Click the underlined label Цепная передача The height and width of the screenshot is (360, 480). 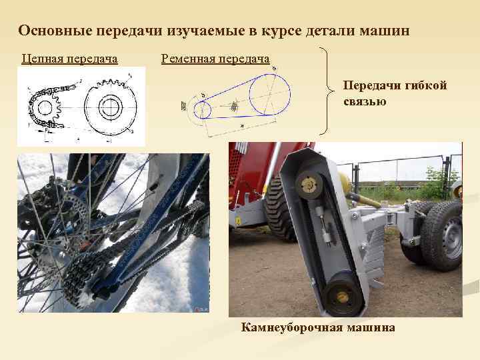[x=69, y=59]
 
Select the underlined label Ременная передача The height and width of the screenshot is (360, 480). [x=215, y=59]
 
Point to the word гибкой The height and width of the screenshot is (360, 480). [x=424, y=85]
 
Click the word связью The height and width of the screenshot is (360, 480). [x=365, y=101]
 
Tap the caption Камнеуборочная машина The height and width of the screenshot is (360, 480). [x=318, y=327]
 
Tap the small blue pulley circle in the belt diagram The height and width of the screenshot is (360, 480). [x=202, y=109]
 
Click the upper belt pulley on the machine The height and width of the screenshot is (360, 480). [x=309, y=181]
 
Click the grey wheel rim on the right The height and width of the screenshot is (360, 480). [x=453, y=236]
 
